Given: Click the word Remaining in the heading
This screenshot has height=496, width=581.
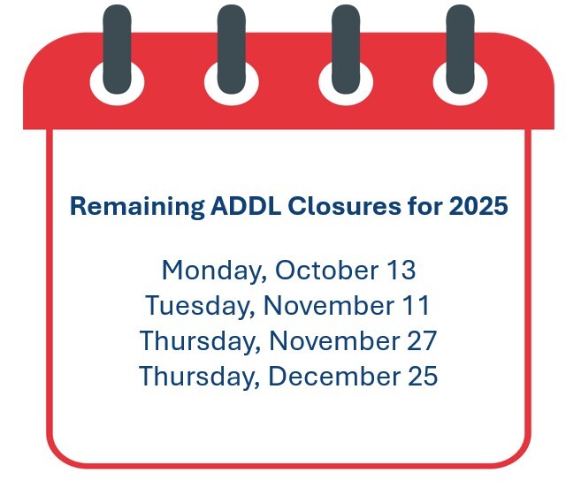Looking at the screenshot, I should coord(137,207).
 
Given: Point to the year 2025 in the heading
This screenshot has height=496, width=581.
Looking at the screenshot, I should coord(478,207).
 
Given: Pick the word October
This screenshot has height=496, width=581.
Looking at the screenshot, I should coord(324,270).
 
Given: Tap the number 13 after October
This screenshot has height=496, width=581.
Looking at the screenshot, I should coord(401,270).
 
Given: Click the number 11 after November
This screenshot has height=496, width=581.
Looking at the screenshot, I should coord(415,306).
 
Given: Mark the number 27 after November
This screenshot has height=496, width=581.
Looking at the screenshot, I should coord(421,340).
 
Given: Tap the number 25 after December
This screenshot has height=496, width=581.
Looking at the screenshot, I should coord(421,377).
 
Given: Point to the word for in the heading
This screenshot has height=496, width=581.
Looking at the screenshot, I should coord(424,207).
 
